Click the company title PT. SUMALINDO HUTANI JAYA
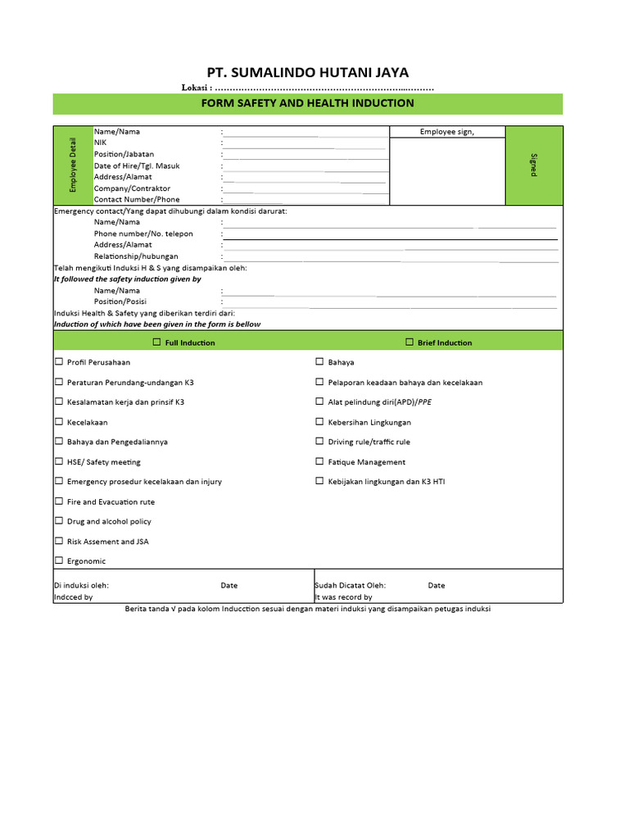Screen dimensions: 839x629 point(308,72)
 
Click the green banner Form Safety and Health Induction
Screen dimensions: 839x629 point(308,103)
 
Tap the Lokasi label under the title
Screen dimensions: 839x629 point(197,88)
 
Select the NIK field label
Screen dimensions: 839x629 point(101,143)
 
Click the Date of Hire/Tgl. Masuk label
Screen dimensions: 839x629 point(136,166)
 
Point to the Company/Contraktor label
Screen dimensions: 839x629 point(132,188)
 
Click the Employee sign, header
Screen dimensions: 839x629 point(446,132)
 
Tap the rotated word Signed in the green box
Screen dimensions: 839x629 point(534,165)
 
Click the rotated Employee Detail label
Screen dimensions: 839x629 point(73,165)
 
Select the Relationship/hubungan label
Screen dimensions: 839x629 point(135,256)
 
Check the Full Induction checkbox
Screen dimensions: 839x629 point(156,342)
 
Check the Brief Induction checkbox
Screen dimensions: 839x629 point(409,342)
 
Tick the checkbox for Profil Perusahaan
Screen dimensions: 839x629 point(59,361)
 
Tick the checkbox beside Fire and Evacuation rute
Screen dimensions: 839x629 point(59,501)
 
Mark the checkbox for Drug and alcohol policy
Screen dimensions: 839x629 point(59,520)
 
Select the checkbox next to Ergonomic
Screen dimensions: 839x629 point(59,560)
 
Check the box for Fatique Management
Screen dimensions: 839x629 point(320,461)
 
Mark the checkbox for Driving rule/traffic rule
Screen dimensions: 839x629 point(320,442)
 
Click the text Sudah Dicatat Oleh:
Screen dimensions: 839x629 point(350,586)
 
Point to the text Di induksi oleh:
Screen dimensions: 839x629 point(81,586)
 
